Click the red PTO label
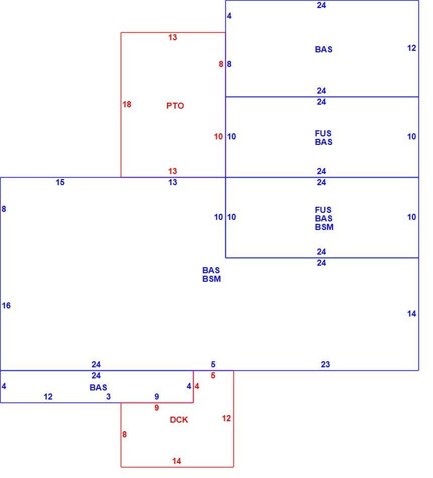[175, 106]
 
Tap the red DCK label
[179, 420]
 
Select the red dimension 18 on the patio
[127, 104]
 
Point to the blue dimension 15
[60, 182]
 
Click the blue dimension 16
[6, 305]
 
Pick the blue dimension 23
[325, 364]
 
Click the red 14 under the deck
[177, 461]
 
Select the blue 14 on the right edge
[412, 313]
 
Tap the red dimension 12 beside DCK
[226, 418]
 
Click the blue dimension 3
[109, 396]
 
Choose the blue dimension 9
[156, 396]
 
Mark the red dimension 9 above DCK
[156, 408]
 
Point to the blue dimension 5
[213, 364]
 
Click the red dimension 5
[213, 375]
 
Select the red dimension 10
[218, 136]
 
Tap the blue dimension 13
[173, 182]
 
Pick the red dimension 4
[197, 386]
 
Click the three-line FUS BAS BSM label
[324, 218]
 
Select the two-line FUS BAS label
[323, 138]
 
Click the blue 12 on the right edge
[412, 48]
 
